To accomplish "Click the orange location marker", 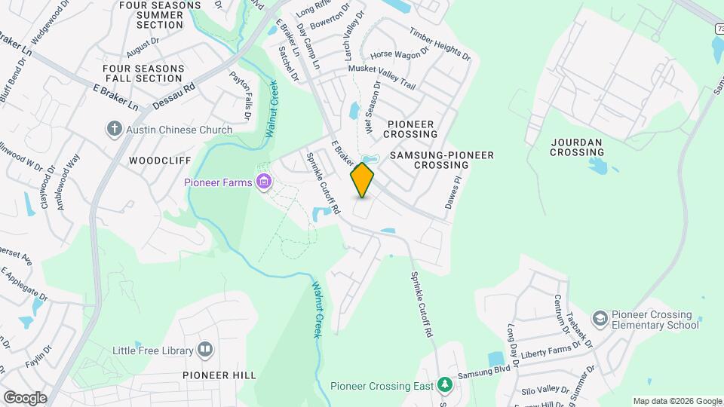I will [x=363, y=179].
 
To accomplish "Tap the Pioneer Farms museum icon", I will [x=264, y=182].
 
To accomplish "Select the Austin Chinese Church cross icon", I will [x=115, y=130].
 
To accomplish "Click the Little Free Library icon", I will [x=205, y=350].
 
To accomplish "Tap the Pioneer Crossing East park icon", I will [x=446, y=386].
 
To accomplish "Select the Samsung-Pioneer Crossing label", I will [x=442, y=160].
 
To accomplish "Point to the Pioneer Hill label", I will [x=219, y=375].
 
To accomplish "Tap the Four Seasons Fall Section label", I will [x=143, y=73].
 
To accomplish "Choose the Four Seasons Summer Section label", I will [x=160, y=15].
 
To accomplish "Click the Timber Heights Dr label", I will [x=440, y=44].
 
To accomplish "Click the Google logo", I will [x=24, y=397].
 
